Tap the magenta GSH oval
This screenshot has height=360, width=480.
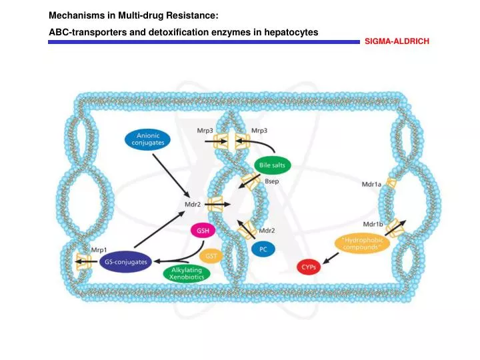203,231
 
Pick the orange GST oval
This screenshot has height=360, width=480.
209,256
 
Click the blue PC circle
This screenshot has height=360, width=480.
263,248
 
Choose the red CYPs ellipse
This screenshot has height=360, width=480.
309,267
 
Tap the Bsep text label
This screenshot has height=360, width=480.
272,181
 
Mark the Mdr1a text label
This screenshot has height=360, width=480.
371,185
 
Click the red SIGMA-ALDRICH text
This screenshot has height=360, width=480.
397,41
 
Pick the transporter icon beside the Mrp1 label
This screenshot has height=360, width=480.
83,261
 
